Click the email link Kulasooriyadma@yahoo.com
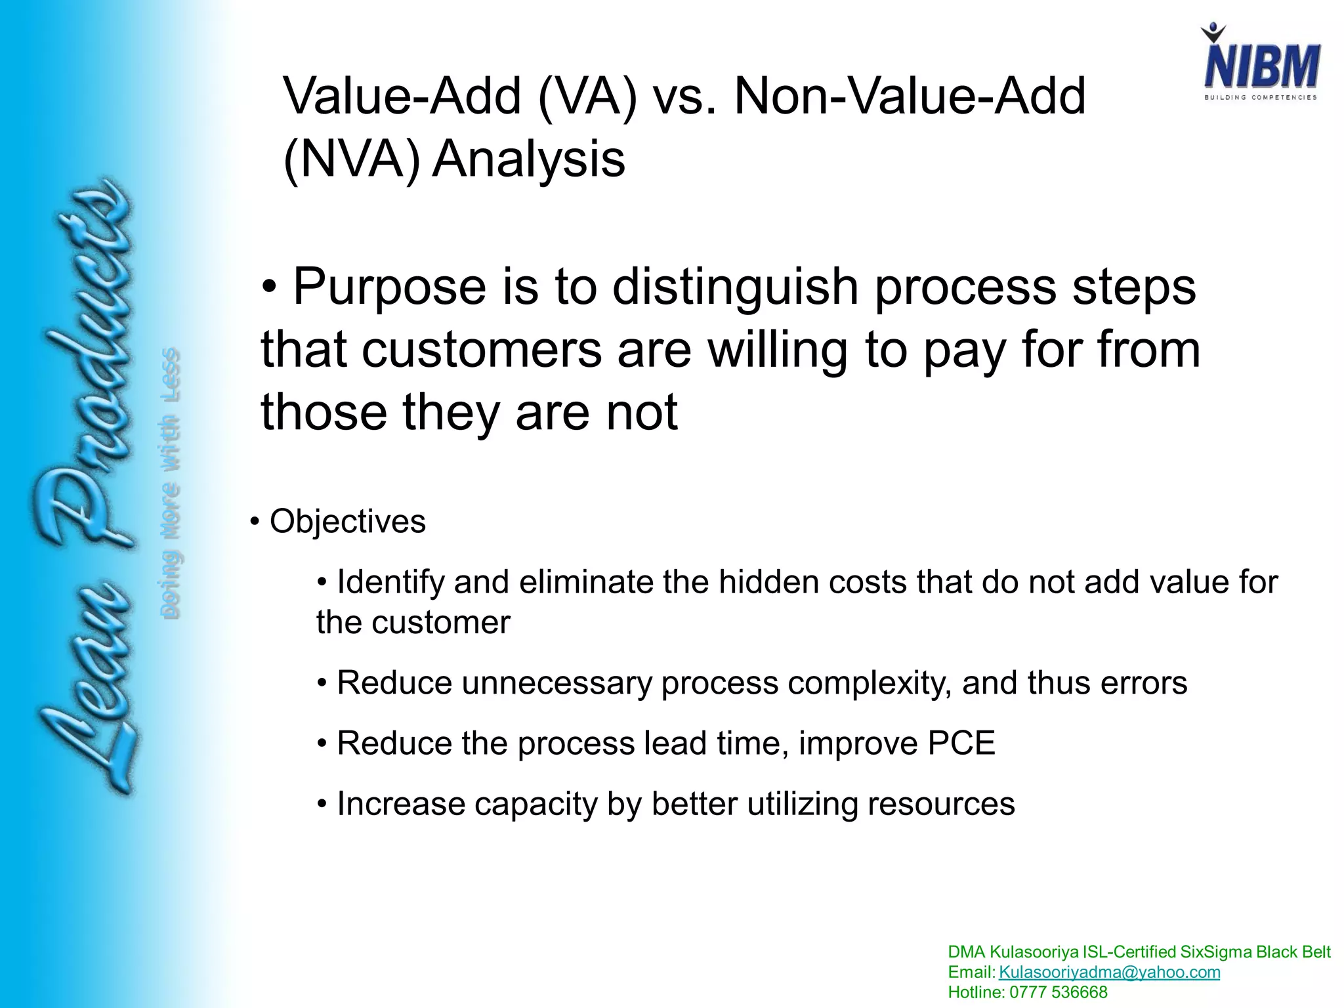(1109, 972)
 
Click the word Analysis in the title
(528, 159)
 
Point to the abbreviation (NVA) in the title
(351, 159)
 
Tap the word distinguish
(735, 287)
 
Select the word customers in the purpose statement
(481, 350)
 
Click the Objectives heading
(347, 522)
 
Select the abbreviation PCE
(961, 743)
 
